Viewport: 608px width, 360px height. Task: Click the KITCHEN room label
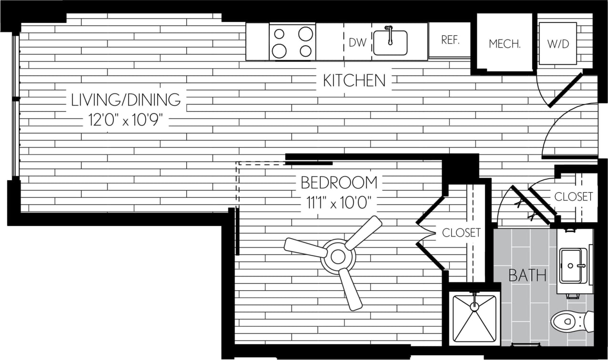[x=354, y=81]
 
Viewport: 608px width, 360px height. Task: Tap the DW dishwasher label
[x=357, y=42]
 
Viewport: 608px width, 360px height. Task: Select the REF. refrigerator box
[x=449, y=40]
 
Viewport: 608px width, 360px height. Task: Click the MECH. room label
[x=505, y=44]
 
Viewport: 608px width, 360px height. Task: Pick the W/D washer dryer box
[x=557, y=43]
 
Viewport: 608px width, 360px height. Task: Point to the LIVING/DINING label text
[x=126, y=100]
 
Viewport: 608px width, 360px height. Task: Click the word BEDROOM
[x=339, y=183]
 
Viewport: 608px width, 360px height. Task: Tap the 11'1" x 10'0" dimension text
[x=339, y=203]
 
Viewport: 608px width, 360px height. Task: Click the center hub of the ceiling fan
[x=338, y=257]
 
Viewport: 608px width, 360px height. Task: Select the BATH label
[x=527, y=275]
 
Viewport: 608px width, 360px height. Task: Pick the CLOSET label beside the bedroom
[x=461, y=233]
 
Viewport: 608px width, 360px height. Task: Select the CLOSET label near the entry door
[x=573, y=196]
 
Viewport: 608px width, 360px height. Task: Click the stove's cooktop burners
[x=293, y=41]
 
